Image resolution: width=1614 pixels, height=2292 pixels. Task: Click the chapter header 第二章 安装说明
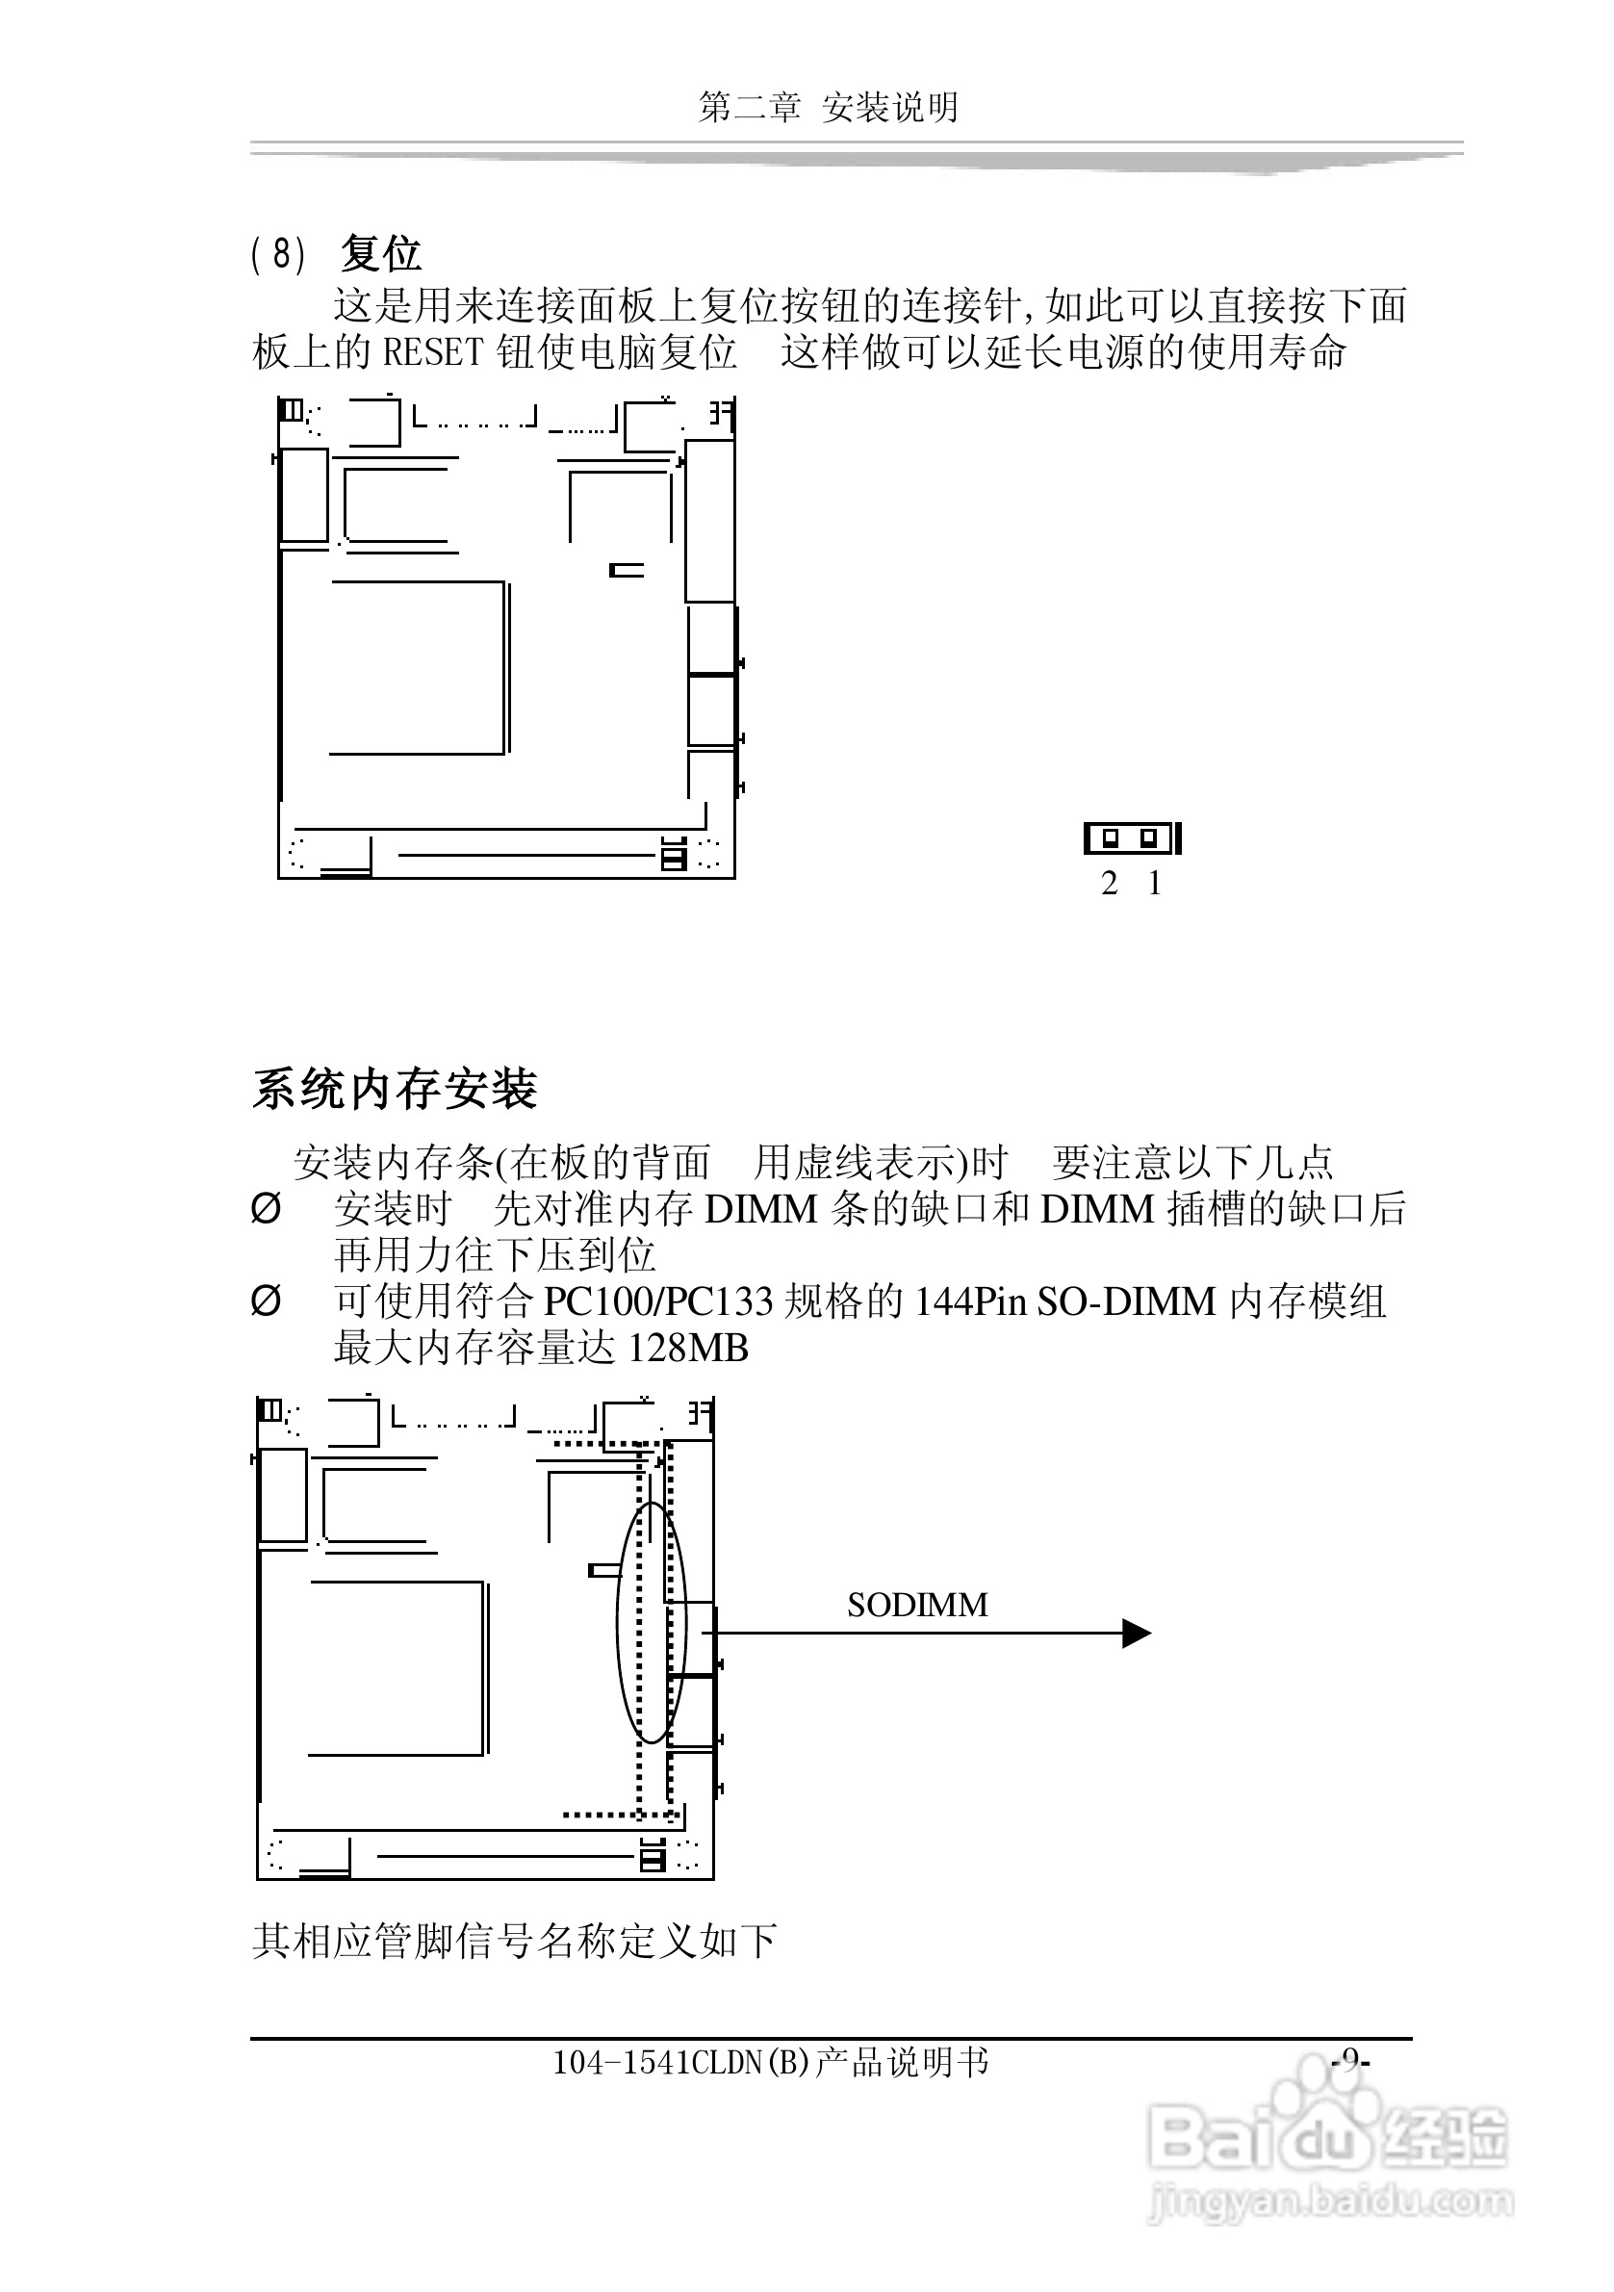click(829, 107)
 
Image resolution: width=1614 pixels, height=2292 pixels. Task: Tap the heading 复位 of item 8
click(380, 253)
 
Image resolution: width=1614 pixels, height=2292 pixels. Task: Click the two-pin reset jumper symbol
click(1132, 838)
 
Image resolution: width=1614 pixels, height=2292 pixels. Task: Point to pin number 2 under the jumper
click(1109, 884)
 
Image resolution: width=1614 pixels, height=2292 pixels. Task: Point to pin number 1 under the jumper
click(1155, 884)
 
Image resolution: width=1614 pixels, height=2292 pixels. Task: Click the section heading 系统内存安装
click(395, 1089)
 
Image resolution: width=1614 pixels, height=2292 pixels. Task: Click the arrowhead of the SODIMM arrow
click(1136, 1634)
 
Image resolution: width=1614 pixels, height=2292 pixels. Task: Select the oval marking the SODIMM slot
click(652, 1622)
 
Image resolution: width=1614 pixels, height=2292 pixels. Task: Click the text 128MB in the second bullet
click(688, 1349)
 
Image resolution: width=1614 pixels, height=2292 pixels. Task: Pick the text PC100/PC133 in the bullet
click(657, 1301)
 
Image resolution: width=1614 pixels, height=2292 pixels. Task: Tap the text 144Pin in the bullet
click(970, 1301)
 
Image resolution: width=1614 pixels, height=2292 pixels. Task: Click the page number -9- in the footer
click(1350, 2059)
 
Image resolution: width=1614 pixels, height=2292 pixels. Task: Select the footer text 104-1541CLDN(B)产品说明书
click(771, 2061)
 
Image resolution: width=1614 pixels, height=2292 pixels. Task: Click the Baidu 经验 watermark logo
click(1327, 2139)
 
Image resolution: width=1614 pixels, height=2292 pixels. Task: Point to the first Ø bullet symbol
click(266, 1209)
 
